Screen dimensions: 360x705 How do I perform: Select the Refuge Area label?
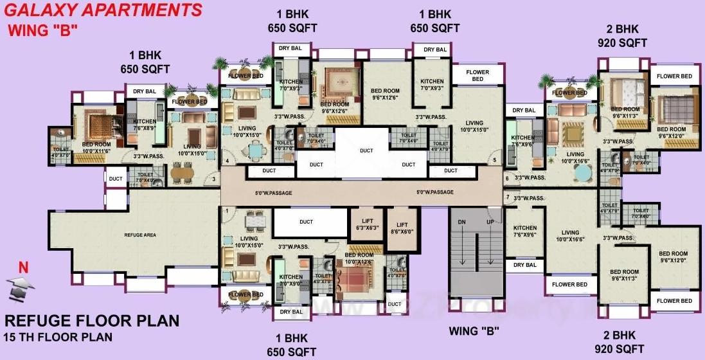[x=140, y=235]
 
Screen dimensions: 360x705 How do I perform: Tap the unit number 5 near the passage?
[x=494, y=159]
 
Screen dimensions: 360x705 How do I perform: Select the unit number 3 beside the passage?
[x=213, y=179]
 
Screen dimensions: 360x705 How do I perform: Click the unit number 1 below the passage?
[x=227, y=210]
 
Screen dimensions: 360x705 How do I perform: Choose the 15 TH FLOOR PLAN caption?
[x=58, y=337]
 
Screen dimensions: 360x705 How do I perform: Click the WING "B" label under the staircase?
[x=474, y=332]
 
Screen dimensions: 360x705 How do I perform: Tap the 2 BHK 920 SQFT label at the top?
[x=622, y=36]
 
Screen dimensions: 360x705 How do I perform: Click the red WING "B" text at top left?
[x=42, y=30]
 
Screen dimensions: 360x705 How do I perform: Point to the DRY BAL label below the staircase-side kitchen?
[x=524, y=265]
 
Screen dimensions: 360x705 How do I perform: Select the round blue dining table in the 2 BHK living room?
[x=582, y=172]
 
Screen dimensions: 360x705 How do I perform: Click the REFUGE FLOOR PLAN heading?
[x=92, y=321]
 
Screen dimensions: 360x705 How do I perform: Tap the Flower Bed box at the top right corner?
[x=674, y=76]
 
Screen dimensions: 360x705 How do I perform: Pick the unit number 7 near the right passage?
[x=507, y=197]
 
